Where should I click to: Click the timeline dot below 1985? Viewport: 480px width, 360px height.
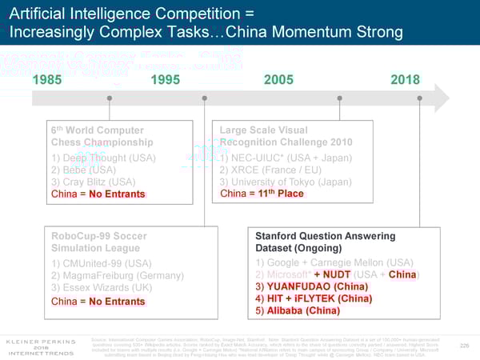coord(109,100)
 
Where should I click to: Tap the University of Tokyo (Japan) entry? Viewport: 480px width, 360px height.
coord(286,182)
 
